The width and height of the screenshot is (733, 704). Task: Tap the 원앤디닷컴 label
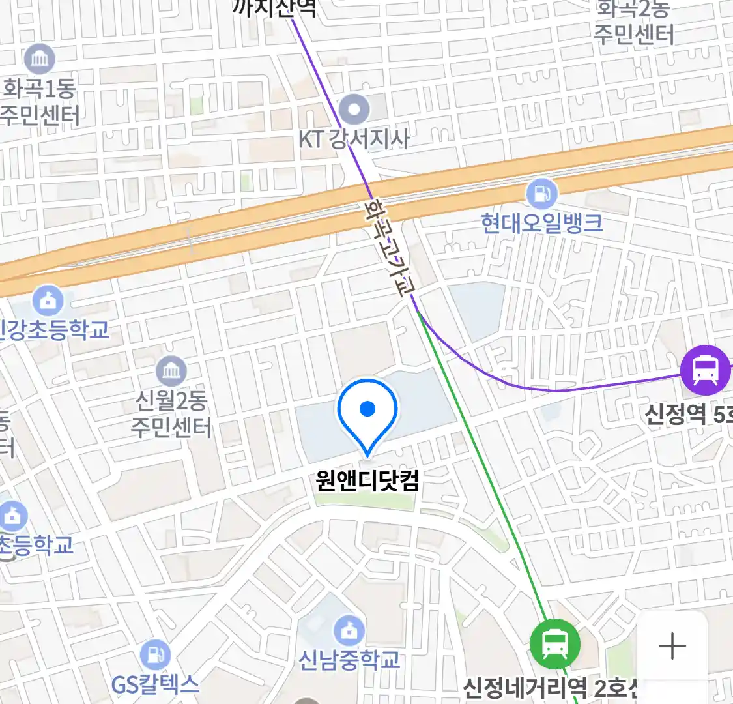pos(367,481)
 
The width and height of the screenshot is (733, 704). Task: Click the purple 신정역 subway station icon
pos(705,370)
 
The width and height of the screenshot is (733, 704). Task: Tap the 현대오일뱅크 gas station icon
pos(541,194)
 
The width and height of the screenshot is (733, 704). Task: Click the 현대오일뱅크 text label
pos(541,224)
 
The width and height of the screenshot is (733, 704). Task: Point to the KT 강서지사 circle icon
pos(354,110)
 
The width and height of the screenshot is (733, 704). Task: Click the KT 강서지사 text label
pos(354,139)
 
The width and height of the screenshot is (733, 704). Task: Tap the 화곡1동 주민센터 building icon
pos(40,60)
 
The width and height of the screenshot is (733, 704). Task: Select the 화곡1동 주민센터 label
pos(40,102)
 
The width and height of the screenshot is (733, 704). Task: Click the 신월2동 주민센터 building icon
pos(171,372)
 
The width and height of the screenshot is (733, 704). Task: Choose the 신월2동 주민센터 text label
pos(171,413)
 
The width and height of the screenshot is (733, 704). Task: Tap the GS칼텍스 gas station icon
pos(155,655)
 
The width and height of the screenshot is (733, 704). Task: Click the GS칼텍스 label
pos(155,684)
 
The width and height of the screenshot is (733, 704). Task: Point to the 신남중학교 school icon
pos(350,630)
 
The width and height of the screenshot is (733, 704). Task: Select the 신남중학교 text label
pos(349,660)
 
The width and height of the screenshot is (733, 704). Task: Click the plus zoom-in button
pos(672,647)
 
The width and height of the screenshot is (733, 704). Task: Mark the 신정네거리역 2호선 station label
pos(551,688)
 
